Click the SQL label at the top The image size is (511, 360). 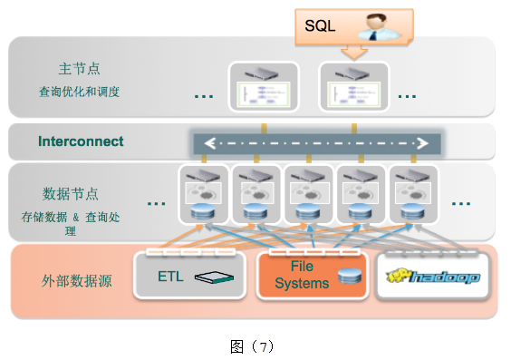[319, 26]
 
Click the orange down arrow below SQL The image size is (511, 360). [354, 52]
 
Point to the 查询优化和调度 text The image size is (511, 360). [80, 92]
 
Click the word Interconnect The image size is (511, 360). [81, 141]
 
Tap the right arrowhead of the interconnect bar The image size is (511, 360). [421, 143]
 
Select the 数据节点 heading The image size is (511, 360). [71, 193]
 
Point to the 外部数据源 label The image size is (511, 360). [76, 280]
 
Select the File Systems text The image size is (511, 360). [302, 276]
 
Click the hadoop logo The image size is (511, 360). [433, 277]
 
